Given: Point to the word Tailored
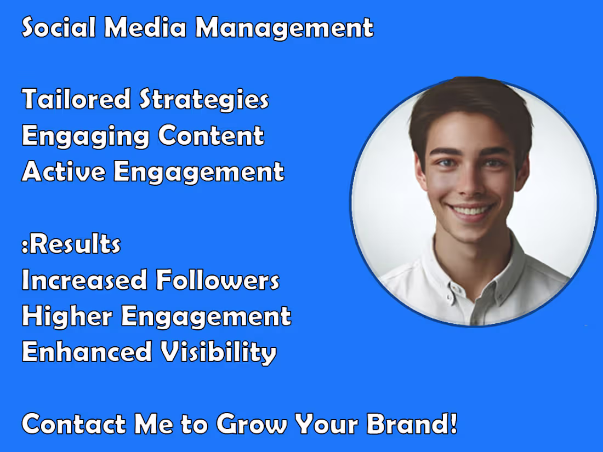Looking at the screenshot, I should pos(76,99).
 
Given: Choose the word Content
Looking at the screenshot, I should pos(211,135).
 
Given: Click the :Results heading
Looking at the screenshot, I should pos(71,244).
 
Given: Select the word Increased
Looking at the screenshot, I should pos(84,280).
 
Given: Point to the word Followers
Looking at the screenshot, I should pos(218,280).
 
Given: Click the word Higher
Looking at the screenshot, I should pos(66,316).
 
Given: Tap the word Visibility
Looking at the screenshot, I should pos(218,353).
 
